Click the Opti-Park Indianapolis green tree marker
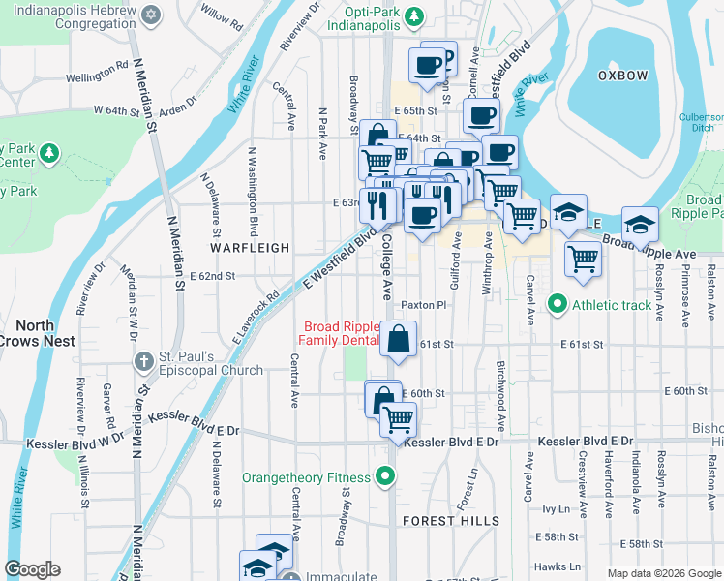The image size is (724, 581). (414, 16)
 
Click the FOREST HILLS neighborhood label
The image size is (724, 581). (441, 521)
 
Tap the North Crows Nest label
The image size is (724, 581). (34, 333)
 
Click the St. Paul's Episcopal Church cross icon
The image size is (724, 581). (143, 361)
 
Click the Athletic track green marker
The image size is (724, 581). (557, 306)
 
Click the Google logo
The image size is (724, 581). (32, 569)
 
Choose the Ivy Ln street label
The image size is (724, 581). (558, 507)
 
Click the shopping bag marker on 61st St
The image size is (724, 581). (398, 340)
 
